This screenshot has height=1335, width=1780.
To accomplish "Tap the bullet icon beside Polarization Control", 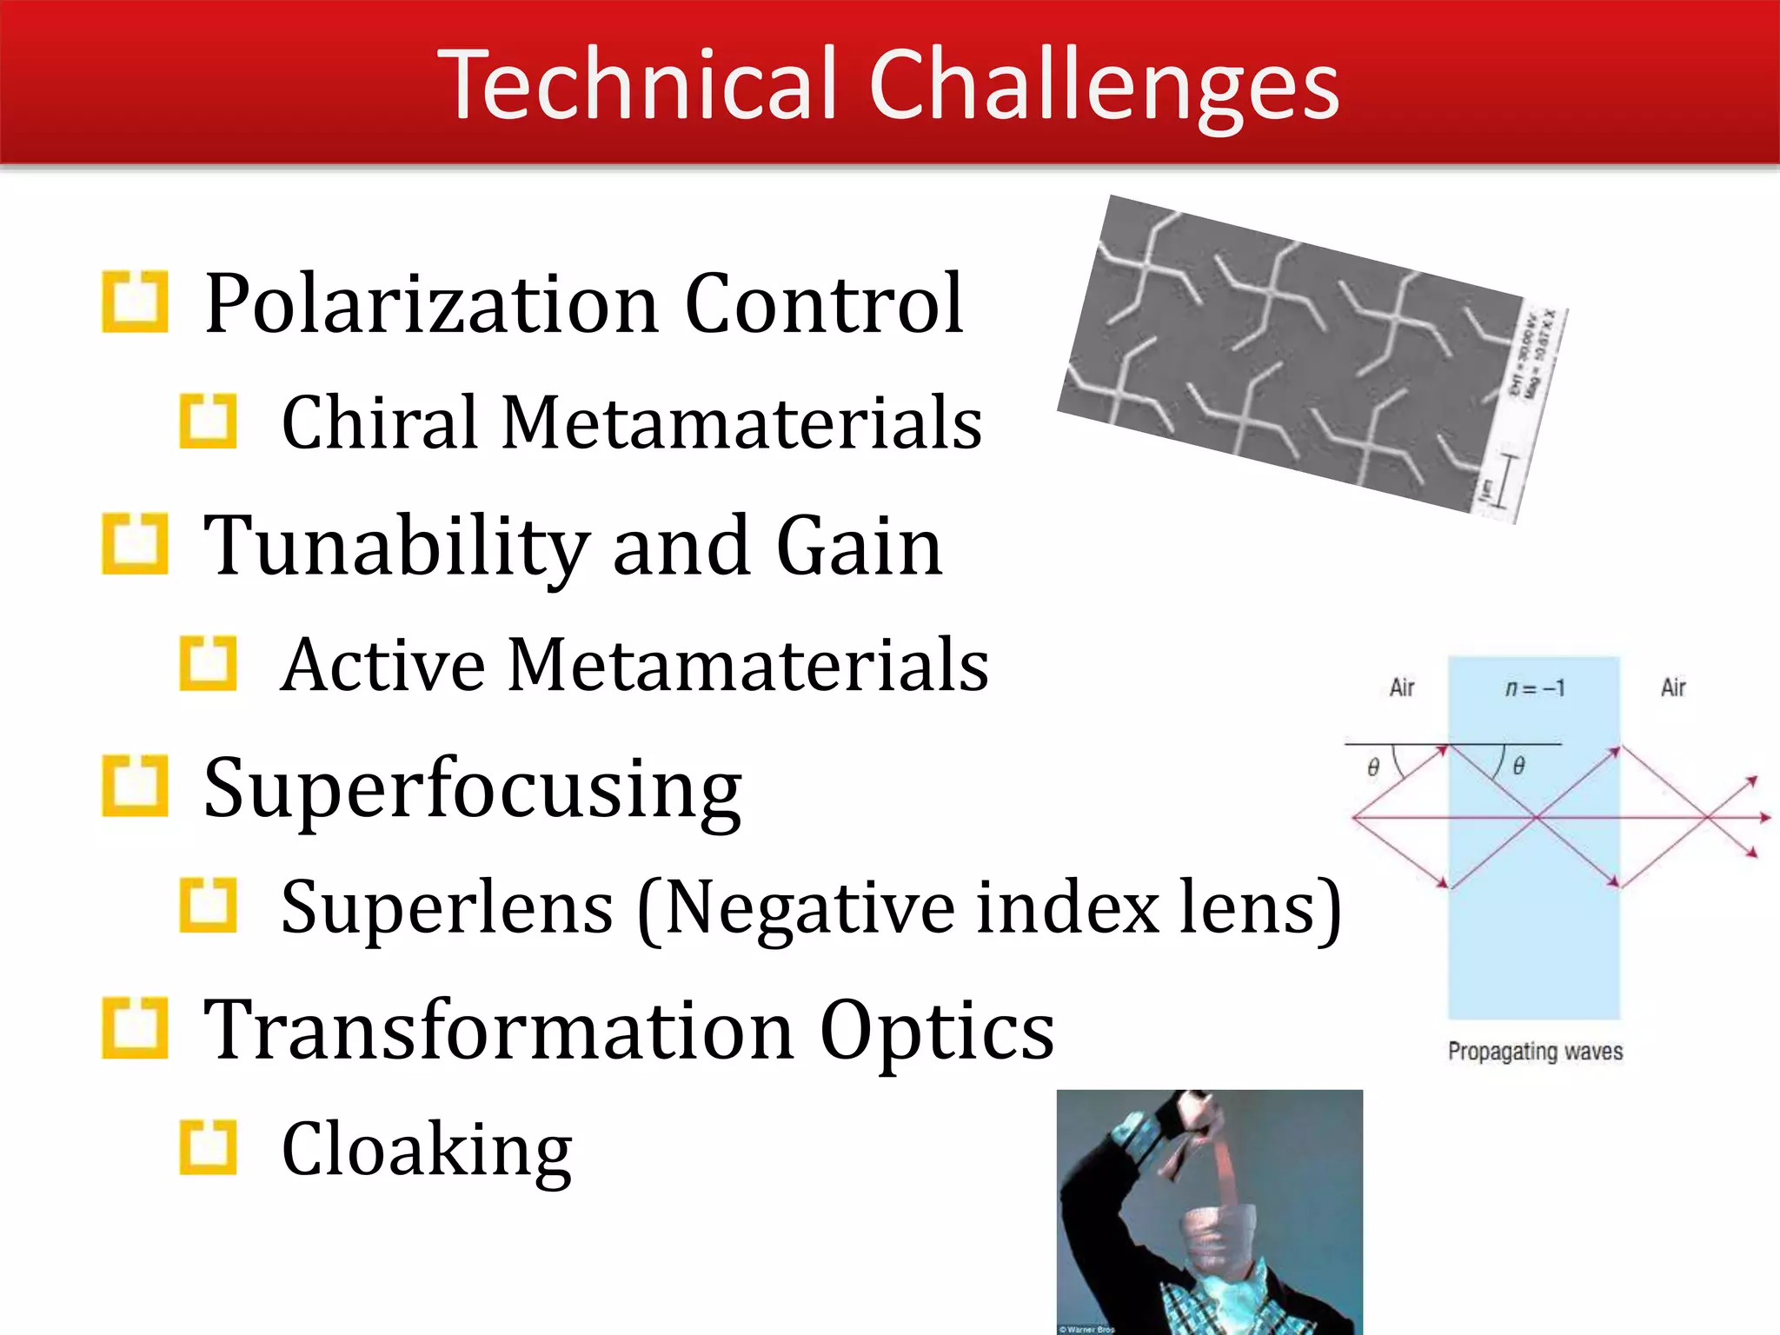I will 135,302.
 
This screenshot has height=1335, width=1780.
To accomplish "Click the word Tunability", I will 396,546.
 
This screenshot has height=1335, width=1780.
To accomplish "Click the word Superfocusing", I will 472,788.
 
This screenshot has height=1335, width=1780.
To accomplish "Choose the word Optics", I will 936,1030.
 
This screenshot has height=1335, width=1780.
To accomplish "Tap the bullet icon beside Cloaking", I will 208,1147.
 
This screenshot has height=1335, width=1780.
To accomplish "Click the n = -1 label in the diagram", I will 1534,688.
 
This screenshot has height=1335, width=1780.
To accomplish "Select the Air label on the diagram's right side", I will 1672,687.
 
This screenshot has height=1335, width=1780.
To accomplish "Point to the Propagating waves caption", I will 1535,1051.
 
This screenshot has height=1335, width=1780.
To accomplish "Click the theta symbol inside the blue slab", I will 1518,766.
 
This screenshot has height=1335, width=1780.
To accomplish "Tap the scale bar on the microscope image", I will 1506,483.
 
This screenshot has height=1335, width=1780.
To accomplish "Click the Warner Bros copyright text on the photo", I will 1086,1329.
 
